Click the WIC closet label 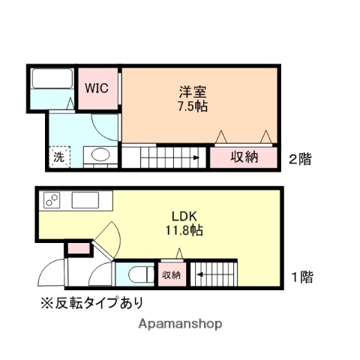(x=96, y=88)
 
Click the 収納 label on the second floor (x=244, y=157)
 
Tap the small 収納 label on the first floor (x=172, y=275)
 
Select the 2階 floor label (x=300, y=158)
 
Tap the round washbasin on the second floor (x=98, y=156)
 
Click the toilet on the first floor (x=136, y=274)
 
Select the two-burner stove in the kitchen (x=53, y=200)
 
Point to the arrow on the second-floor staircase (x=193, y=157)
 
